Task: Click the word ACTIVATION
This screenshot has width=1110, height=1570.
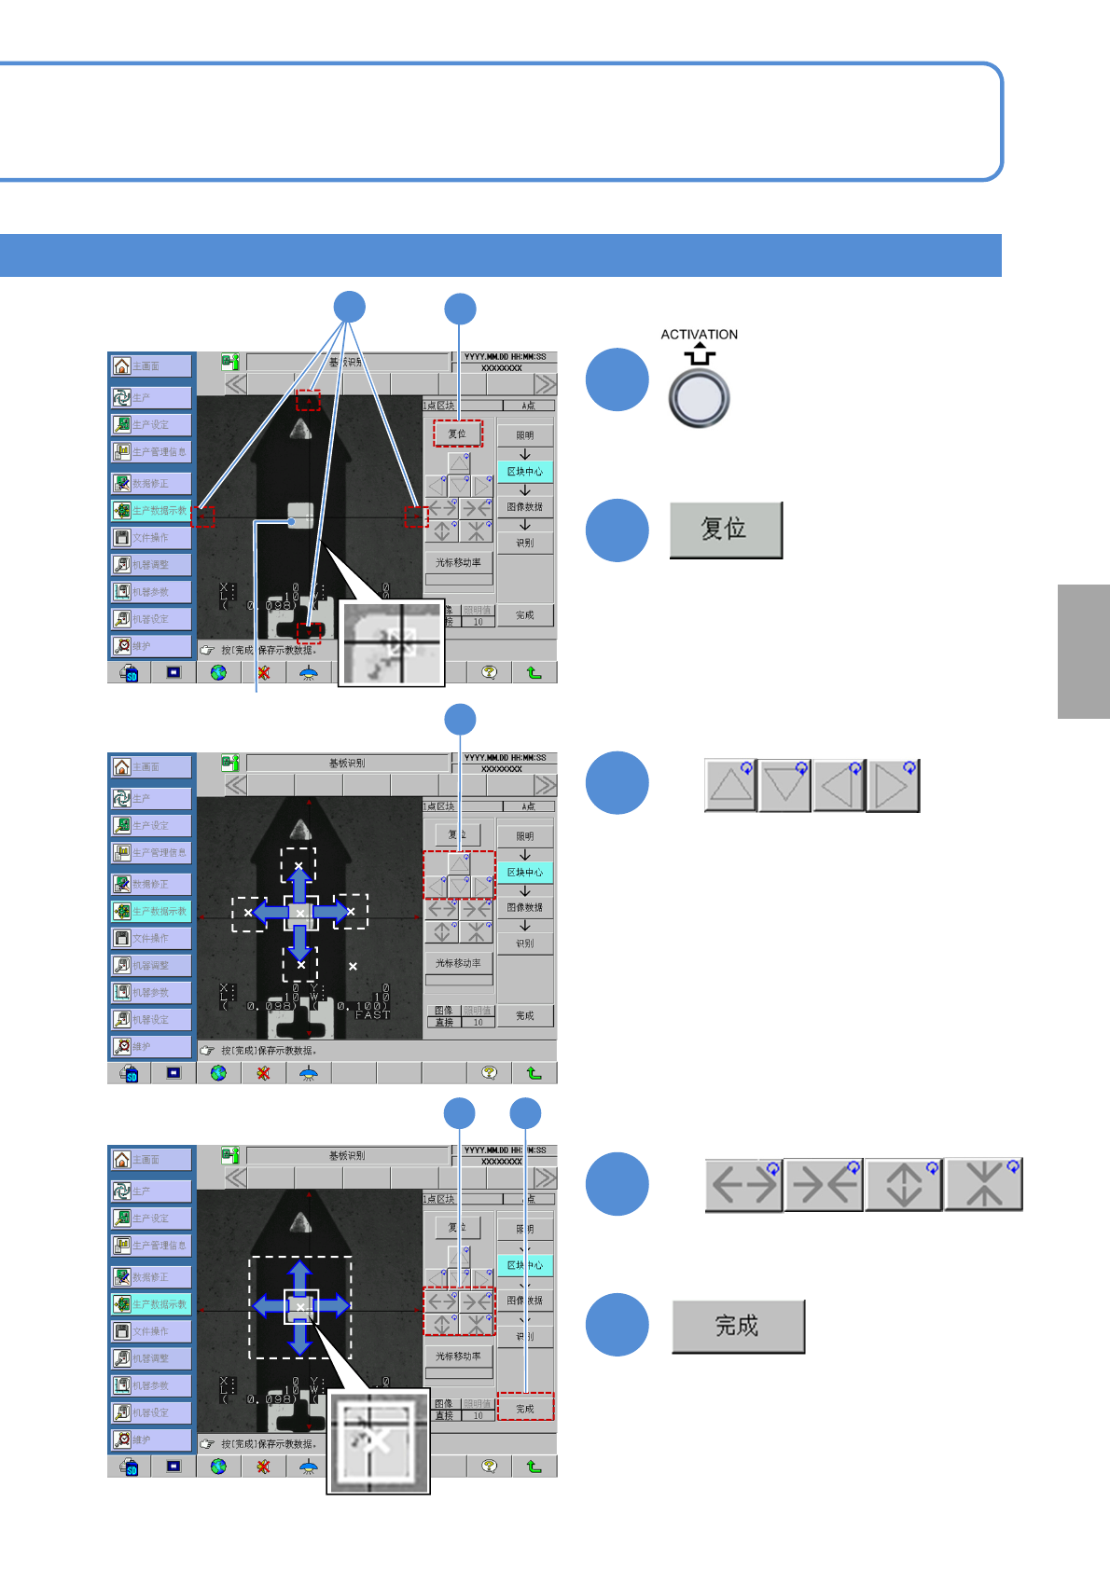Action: [x=699, y=335]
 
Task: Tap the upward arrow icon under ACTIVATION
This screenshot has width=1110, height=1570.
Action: [x=700, y=354]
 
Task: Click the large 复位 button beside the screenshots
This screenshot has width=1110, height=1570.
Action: [x=726, y=530]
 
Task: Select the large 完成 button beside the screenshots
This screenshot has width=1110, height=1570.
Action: [x=738, y=1326]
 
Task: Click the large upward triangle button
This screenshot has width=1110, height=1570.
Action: [x=730, y=786]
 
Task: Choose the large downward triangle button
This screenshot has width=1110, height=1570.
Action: [x=784, y=786]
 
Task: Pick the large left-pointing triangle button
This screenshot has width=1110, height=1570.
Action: [x=839, y=786]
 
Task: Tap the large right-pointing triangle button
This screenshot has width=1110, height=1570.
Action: [x=893, y=786]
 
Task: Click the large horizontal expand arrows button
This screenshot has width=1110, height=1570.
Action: [x=743, y=1185]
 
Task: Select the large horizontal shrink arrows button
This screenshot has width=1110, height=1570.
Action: [x=824, y=1185]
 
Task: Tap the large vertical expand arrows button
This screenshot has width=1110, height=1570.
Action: [x=903, y=1185]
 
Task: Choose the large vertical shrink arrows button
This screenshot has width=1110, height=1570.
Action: [x=983, y=1185]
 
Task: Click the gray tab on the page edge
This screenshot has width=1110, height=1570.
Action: [x=1083, y=652]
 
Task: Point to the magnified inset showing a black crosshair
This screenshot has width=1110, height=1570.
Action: [x=391, y=643]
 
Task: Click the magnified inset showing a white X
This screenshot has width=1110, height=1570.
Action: [x=378, y=1440]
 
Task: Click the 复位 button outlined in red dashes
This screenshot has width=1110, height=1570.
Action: [x=457, y=434]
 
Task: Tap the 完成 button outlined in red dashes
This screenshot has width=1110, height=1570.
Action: [x=525, y=1408]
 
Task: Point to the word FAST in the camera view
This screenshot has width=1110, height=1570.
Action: [x=371, y=1015]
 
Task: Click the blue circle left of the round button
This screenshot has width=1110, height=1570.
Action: [x=617, y=379]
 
